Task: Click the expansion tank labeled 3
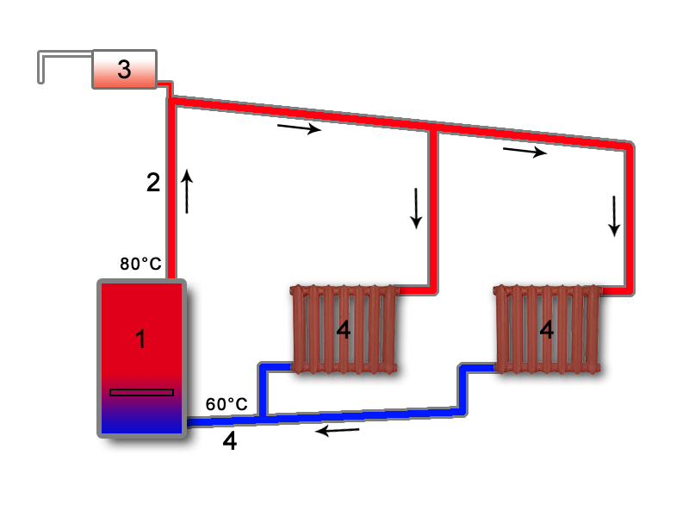pos(124,70)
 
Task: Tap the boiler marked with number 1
pos(141,339)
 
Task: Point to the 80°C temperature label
pos(140,264)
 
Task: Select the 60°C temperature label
pos(227,404)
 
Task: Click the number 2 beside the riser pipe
pos(153,183)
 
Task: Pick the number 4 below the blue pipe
pos(229,441)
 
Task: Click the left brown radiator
pos(344,330)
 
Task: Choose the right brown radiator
pos(547,330)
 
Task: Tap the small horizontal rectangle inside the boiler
pos(141,392)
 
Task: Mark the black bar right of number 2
pos(187,190)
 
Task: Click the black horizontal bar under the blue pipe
pos(338,431)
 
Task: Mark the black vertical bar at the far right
pos(614,216)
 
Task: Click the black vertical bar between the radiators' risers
pos(416,209)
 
